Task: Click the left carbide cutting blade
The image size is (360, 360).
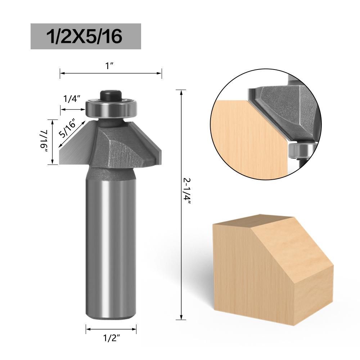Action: point(74,148)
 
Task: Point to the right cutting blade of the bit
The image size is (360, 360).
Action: point(151,144)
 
